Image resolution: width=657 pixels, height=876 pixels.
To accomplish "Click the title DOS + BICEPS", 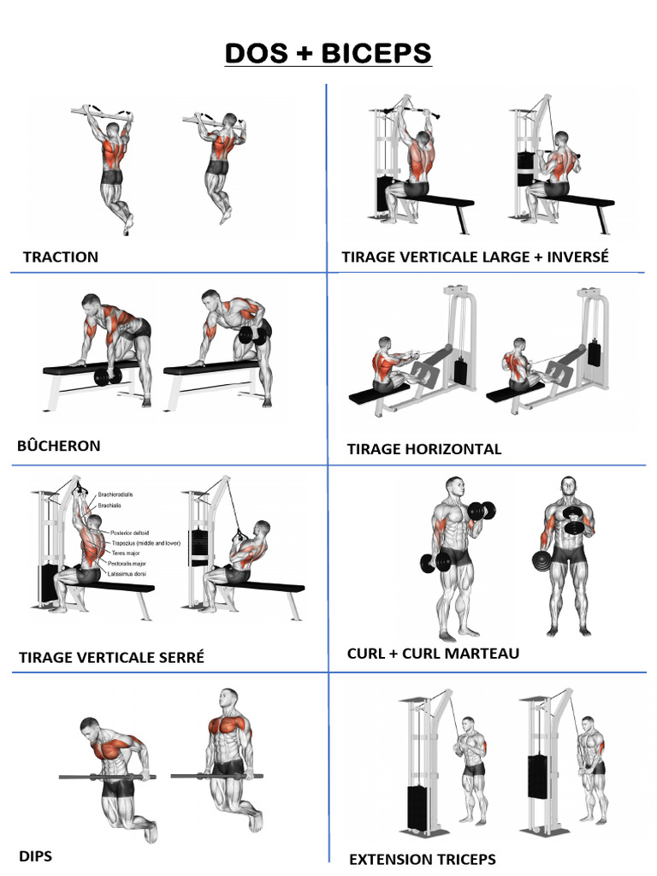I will tap(328, 53).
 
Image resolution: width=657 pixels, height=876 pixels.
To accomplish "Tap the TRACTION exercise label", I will tap(61, 257).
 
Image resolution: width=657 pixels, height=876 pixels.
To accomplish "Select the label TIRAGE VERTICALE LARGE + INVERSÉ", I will tap(475, 257).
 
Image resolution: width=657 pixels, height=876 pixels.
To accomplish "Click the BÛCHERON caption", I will tap(58, 446).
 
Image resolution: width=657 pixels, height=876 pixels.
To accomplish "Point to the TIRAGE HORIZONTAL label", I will tap(424, 449).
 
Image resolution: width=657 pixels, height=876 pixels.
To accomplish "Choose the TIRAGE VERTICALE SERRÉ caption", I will tap(111, 658).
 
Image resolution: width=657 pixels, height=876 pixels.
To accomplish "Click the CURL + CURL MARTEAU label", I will tap(433, 654).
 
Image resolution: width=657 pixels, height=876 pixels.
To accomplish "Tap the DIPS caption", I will tap(35, 855).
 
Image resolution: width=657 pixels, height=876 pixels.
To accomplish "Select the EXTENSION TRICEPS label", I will tap(422, 859).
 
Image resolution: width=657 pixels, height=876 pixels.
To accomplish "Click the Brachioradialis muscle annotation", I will tap(115, 494).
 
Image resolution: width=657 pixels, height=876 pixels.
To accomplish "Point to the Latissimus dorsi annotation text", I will tap(127, 574).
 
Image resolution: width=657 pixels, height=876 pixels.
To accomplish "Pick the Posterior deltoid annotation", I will tap(129, 533).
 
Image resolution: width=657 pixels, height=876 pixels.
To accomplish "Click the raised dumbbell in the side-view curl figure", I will tap(482, 512).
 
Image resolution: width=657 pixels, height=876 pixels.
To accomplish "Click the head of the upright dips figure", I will tap(228, 698).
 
